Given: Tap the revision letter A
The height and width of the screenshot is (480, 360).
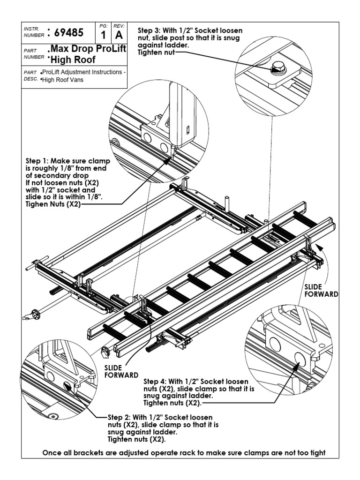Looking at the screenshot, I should [x=119, y=36].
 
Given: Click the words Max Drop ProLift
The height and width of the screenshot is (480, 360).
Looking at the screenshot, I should [x=88, y=49].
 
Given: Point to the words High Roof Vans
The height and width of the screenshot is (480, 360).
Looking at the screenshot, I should [x=61, y=79].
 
